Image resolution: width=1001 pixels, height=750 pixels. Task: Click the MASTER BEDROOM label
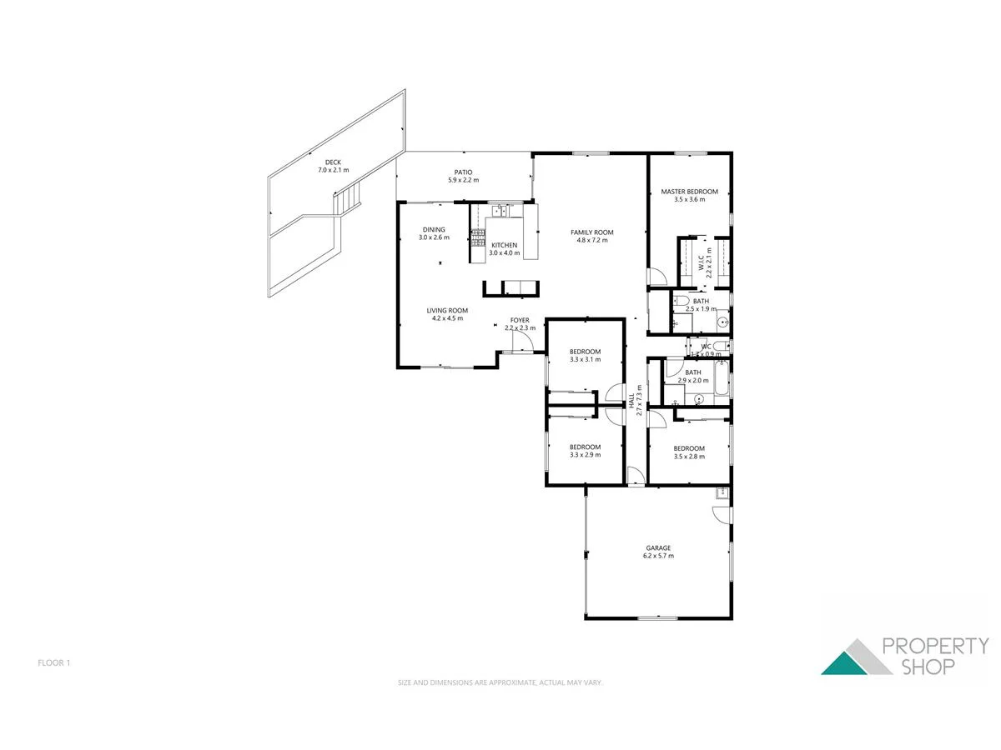tap(689, 192)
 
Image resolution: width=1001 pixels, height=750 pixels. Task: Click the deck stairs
tap(348, 201)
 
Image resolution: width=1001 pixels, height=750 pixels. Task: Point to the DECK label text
tap(333, 162)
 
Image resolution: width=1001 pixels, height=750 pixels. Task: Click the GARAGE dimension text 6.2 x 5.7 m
tap(658, 556)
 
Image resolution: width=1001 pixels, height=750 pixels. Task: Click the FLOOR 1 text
tap(54, 663)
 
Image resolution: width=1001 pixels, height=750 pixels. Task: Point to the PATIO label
tap(463, 172)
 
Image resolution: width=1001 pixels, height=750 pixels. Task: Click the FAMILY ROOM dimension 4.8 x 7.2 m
tap(592, 241)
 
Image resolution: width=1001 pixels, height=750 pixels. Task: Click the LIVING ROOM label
tap(447, 311)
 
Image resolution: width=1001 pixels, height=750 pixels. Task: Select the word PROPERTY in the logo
tap(935, 646)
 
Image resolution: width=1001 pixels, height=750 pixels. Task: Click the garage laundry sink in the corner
tap(722, 494)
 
